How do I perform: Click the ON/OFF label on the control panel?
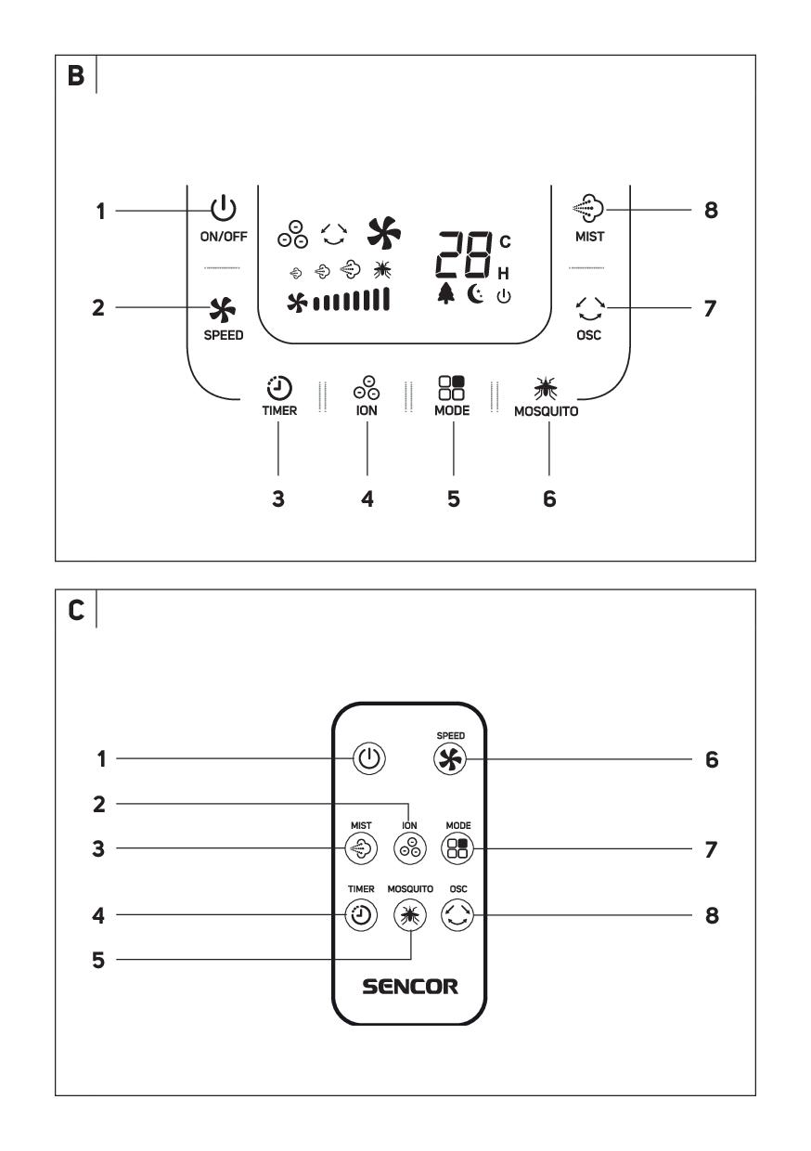click(x=224, y=236)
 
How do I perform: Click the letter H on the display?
click(x=505, y=273)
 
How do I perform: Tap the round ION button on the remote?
click(x=409, y=847)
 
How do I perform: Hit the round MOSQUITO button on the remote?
click(x=409, y=915)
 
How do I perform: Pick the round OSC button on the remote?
click(x=457, y=915)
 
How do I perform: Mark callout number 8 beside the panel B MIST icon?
click(x=711, y=211)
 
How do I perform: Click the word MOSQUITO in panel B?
click(x=547, y=411)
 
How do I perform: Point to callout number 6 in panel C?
click(x=711, y=760)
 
